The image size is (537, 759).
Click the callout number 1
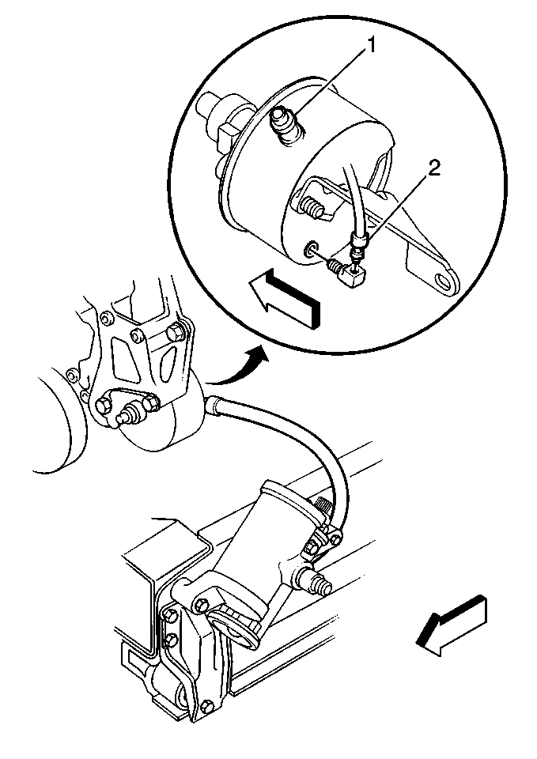click(x=372, y=47)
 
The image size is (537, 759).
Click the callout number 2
click(x=433, y=168)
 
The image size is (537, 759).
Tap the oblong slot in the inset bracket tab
click(x=443, y=281)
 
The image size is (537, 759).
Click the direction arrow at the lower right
click(x=452, y=625)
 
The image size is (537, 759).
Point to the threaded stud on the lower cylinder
click(x=316, y=581)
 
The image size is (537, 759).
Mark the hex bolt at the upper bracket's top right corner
click(x=176, y=332)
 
